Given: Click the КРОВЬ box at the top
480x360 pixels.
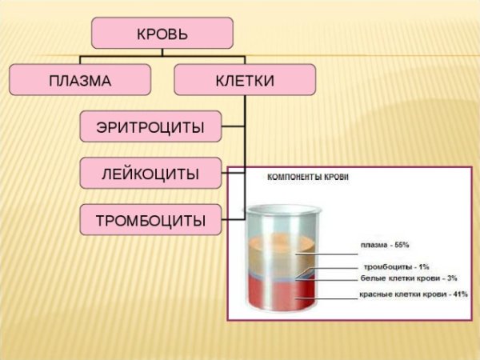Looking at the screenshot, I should pos(162,33).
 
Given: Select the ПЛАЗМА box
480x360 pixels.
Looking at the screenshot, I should pos(80,80).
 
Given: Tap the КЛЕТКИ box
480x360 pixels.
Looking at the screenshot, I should pos(244,80).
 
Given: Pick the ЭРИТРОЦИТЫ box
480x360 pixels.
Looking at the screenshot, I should pos(150,126).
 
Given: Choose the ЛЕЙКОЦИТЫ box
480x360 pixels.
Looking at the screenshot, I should pos(150,173).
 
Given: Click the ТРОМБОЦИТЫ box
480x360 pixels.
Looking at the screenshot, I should pos(150,218).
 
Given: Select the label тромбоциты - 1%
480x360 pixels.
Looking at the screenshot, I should pos(396,266).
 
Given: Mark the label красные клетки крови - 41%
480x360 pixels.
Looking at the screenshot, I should pos(408,294).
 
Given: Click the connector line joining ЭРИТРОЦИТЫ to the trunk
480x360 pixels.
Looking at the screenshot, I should pos(232,126).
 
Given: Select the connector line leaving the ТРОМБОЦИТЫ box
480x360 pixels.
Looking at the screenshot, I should pos(232,218).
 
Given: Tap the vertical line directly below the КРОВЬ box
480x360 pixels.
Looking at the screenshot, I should pos(162,53).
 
